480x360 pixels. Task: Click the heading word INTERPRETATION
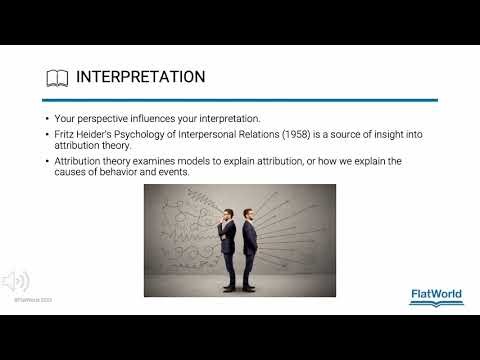(x=141, y=77)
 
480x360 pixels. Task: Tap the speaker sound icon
(x=15, y=280)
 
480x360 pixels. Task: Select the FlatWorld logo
(x=436, y=295)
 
